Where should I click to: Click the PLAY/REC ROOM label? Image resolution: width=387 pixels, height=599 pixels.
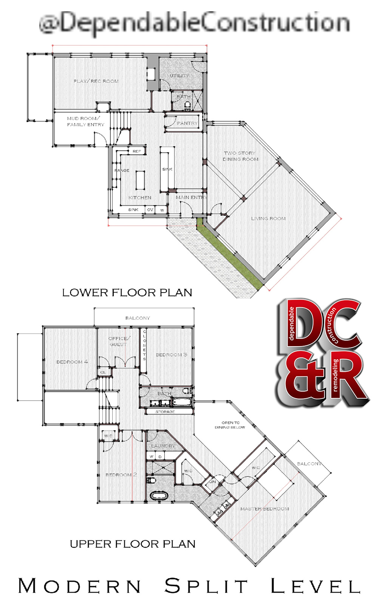96,81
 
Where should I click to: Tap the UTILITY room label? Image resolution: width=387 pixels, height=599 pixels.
179,76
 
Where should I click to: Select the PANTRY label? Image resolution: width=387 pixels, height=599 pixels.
187,123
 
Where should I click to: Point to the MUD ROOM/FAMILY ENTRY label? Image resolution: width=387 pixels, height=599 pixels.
85,121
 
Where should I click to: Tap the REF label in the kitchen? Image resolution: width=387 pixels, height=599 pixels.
137,152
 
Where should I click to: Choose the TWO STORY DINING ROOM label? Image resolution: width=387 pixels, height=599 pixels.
240,156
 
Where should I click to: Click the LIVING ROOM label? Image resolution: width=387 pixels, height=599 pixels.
268,218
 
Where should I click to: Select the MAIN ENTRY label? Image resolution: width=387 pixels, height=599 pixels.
191,197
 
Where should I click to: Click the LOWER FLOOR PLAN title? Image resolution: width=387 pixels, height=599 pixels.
127,293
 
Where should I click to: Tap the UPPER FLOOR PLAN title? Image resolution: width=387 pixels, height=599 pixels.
133,544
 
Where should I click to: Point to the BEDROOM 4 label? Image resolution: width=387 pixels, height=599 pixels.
72,362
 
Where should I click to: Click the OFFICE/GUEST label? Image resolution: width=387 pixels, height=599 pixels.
119,341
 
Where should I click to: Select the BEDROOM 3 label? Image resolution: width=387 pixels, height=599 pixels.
171,355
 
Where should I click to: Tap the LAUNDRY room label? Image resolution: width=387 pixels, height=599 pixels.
163,446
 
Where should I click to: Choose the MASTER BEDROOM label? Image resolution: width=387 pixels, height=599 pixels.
265,509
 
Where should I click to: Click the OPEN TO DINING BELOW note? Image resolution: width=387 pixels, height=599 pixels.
230,425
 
